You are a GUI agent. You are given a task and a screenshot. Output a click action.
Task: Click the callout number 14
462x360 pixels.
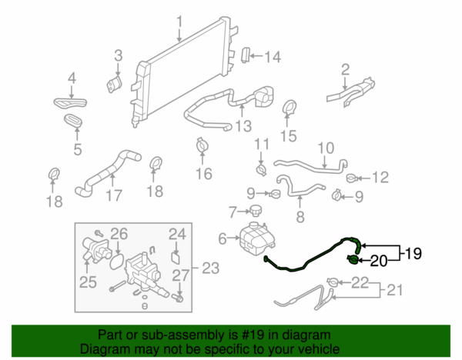point(273,56)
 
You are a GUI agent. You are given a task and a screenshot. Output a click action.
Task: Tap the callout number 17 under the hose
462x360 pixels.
point(113,195)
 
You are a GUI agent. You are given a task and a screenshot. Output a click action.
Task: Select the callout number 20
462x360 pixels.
point(379,261)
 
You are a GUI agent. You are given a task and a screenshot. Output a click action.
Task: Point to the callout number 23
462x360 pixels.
point(210,268)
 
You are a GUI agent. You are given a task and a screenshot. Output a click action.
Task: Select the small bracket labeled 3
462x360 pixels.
point(112,83)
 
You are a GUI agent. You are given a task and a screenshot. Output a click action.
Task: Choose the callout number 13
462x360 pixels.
point(243,126)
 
